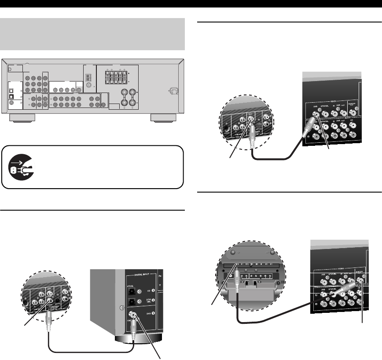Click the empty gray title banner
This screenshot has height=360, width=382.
(92, 34)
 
